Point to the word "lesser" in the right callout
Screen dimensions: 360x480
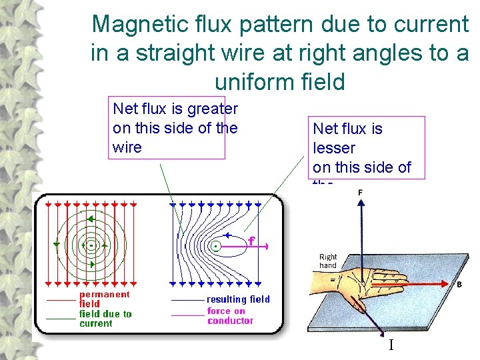pyautogui.click(x=334, y=148)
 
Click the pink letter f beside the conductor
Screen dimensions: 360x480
pyautogui.click(x=251, y=241)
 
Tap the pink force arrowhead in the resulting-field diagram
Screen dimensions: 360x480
pyautogui.click(x=266, y=247)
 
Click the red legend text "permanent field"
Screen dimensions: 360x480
pyautogui.click(x=104, y=299)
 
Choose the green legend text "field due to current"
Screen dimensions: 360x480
pyautogui.click(x=105, y=319)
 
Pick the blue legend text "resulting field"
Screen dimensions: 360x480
pyautogui.click(x=238, y=299)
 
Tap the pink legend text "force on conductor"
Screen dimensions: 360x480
pyautogui.click(x=230, y=315)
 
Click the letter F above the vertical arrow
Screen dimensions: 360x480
pyautogui.click(x=361, y=193)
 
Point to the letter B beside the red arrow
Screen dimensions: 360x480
pyautogui.click(x=459, y=285)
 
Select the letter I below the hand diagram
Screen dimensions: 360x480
pyautogui.click(x=391, y=345)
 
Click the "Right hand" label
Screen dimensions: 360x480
pyautogui.click(x=328, y=261)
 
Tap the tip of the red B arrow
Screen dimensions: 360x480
pyautogui.click(x=454, y=283)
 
